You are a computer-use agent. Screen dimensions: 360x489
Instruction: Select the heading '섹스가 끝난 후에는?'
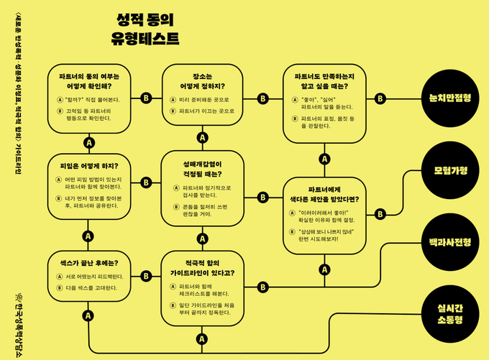click(88, 262)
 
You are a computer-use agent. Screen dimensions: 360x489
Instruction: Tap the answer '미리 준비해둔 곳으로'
click(208, 99)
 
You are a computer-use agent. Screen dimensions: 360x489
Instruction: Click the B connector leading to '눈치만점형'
click(380, 98)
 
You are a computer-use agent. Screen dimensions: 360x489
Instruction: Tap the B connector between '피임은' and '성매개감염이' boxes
click(146, 183)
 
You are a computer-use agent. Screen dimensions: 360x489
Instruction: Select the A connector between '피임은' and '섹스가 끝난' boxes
click(88, 236)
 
